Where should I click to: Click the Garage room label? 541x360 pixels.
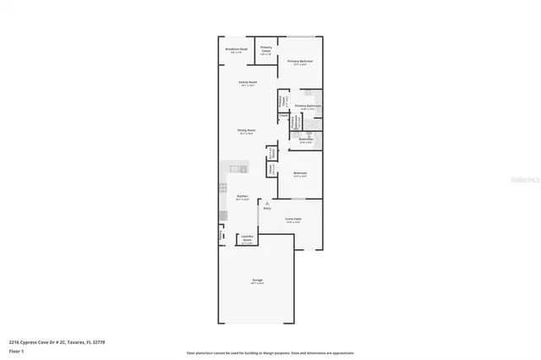(x=256, y=281)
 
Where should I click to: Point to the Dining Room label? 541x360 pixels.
(x=246, y=132)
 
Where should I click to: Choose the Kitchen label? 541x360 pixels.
(x=243, y=197)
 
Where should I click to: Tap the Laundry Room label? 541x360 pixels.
(x=247, y=238)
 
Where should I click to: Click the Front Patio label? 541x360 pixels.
(x=293, y=220)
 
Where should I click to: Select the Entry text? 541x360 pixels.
(x=266, y=208)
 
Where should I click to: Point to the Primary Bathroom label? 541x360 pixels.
(x=309, y=107)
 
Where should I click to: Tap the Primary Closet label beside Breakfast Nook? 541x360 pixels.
(x=265, y=49)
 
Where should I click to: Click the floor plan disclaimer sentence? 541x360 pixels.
(x=270, y=352)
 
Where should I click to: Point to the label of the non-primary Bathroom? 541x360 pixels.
(x=306, y=140)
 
